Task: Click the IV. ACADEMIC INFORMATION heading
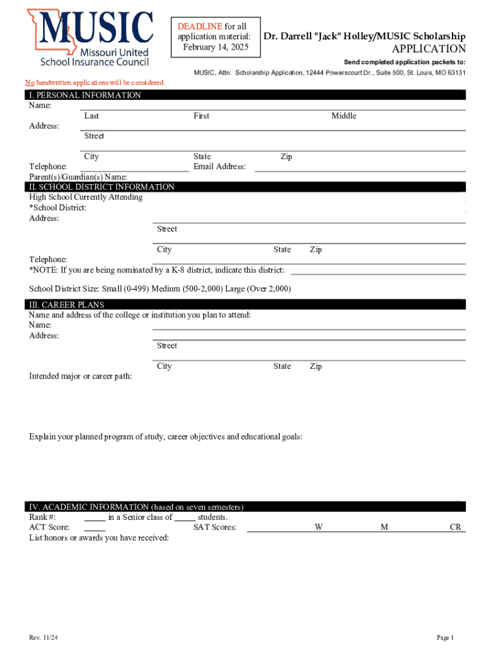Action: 134,506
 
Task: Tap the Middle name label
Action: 344,116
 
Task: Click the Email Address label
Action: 220,167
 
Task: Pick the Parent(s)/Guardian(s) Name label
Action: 78,177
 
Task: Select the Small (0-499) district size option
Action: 124,289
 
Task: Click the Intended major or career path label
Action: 80,376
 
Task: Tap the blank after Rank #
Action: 94,517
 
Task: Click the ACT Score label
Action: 50,528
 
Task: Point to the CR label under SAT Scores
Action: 455,528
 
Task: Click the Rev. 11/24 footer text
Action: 43,638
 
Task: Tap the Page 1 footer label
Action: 446,638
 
